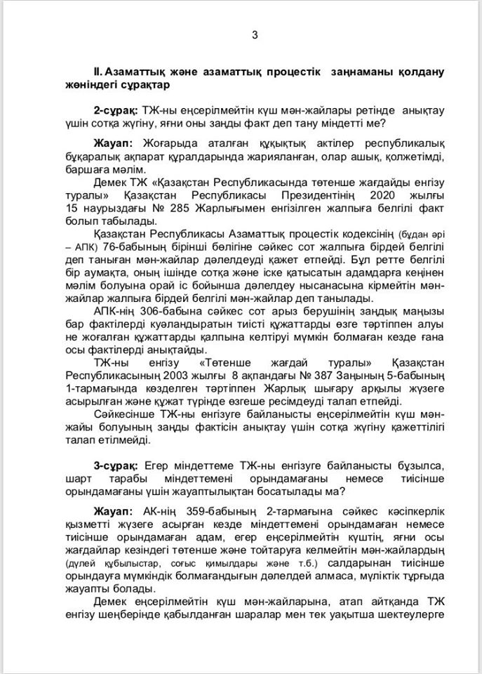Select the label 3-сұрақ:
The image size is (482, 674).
coord(116,466)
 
